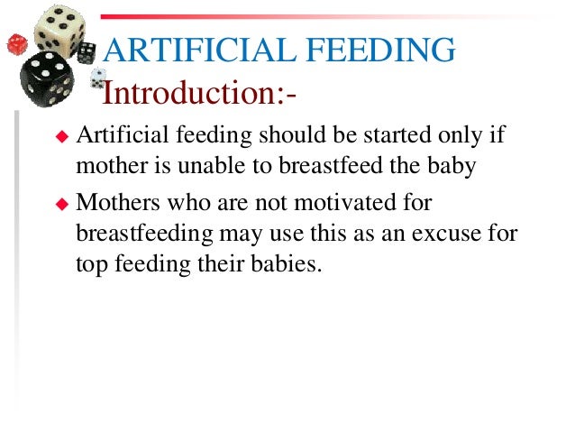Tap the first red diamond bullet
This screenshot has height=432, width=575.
pyautogui.click(x=62, y=136)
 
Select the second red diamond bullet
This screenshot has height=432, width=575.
pyautogui.click(x=62, y=204)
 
